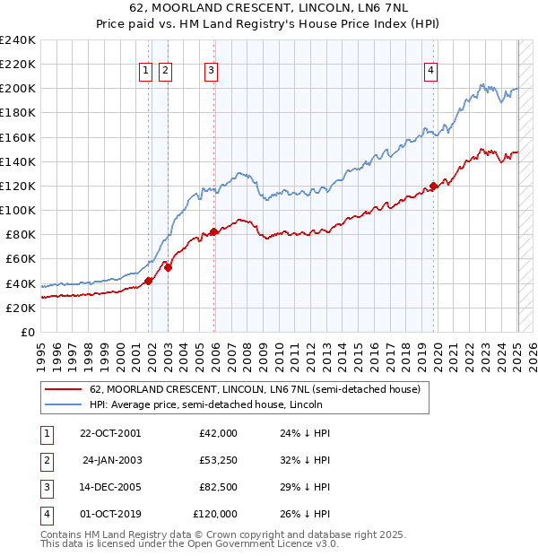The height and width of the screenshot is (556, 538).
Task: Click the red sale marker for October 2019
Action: pyautogui.click(x=433, y=187)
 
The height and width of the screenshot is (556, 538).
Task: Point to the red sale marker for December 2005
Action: pyautogui.click(x=213, y=231)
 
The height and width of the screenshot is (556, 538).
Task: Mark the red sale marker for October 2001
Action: pyautogui.click(x=149, y=281)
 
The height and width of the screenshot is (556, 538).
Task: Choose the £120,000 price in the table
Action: pyautogui.click(x=215, y=514)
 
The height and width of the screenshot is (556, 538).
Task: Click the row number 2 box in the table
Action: pyautogui.click(x=46, y=460)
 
